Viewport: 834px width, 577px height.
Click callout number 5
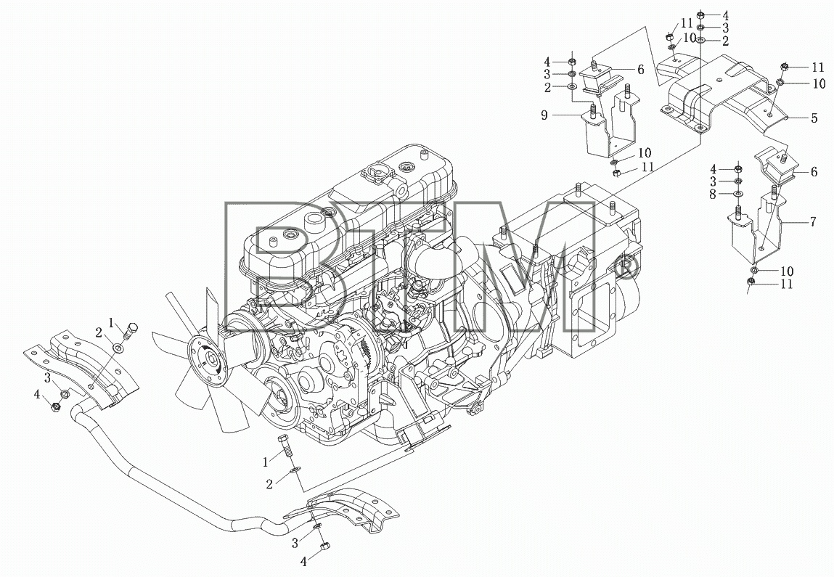[814, 118]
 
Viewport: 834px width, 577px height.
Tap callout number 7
[813, 221]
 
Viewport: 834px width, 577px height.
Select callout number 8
[714, 194]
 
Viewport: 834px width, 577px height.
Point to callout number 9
[544, 115]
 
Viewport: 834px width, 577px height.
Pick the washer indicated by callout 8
[738, 194]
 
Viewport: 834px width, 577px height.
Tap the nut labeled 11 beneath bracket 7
[751, 282]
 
